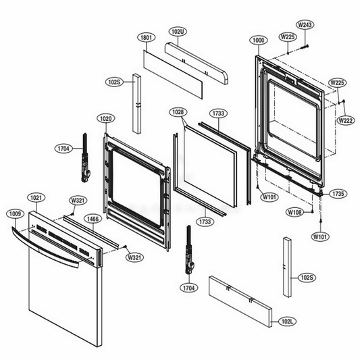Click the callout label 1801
pos(146,38)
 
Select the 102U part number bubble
pos(178,30)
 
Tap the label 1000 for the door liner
pos(257,41)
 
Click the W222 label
pos(346,120)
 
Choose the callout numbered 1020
pos(105,117)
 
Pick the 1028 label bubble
pos(178,111)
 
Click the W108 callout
pos(294,212)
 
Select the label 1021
pos(37,198)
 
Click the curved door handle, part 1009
pos(47,247)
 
